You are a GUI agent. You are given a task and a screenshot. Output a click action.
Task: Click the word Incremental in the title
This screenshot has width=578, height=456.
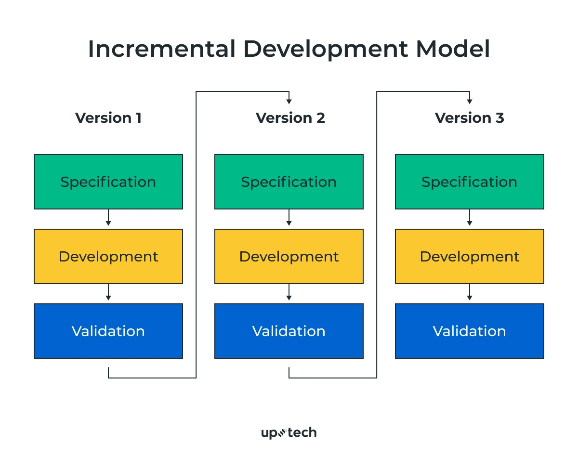point(161,49)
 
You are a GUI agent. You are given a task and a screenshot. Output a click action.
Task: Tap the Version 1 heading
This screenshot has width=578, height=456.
point(108,118)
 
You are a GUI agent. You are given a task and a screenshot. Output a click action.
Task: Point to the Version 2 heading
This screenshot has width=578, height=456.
point(290,118)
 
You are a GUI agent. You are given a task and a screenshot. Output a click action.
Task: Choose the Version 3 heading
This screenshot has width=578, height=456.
point(469,118)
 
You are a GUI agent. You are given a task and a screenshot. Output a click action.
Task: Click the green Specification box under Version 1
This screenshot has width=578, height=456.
point(108,182)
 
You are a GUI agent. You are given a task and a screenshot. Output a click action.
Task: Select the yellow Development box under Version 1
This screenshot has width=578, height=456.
point(108,257)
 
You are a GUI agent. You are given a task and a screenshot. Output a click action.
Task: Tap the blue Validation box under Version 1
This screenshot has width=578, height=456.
point(108,331)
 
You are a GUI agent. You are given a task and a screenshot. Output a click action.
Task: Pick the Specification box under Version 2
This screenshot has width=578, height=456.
point(289,182)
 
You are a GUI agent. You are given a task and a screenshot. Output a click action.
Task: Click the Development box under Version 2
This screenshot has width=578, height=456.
point(289,257)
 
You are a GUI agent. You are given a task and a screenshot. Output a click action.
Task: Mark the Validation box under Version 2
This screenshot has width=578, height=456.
point(289,331)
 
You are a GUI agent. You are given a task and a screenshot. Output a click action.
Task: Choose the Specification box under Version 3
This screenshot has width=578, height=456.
point(470,182)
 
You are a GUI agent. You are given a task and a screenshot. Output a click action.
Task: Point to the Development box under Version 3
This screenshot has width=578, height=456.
point(470,257)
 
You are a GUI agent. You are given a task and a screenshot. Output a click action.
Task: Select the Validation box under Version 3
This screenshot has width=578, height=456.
point(470,331)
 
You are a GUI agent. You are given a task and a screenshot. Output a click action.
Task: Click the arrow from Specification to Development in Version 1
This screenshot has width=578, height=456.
point(108,219)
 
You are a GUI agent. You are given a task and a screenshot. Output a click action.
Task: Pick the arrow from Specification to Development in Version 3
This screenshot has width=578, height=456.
point(470,219)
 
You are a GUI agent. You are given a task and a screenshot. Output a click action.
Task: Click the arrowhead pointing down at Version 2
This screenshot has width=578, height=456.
point(289,101)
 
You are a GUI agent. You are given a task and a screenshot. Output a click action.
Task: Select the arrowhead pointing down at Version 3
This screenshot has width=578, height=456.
point(470,101)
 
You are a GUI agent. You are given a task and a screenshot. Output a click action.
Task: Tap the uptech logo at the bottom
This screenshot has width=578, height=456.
point(289,432)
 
